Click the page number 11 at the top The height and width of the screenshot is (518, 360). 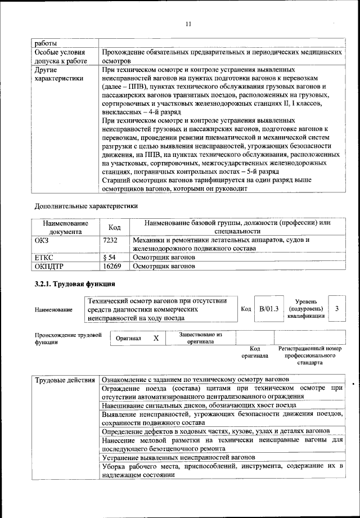point(188,24)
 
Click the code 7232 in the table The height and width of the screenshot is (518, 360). point(111,240)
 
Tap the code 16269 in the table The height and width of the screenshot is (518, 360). point(112,266)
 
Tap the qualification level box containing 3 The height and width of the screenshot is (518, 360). point(336,309)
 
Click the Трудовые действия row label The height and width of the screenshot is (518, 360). point(65,380)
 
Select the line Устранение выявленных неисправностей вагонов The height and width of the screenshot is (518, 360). point(180,458)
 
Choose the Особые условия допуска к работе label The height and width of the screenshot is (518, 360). point(62,56)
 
